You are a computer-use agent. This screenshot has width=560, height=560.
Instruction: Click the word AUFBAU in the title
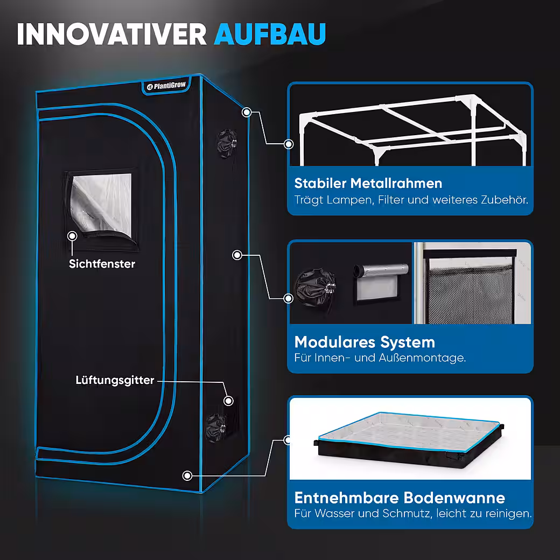click(270, 34)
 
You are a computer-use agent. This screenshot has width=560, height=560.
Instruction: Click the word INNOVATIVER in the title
click(112, 34)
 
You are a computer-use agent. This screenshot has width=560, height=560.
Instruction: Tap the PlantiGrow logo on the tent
click(166, 86)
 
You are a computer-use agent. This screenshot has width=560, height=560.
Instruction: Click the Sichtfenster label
click(102, 264)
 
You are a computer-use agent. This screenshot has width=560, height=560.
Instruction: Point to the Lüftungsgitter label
click(115, 380)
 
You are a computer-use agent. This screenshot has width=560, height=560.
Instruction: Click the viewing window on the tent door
click(101, 208)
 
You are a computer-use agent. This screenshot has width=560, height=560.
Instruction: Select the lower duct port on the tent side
click(216, 428)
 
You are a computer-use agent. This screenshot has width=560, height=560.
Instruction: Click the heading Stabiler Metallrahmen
click(368, 183)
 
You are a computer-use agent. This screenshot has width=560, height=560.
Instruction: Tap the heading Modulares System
click(365, 342)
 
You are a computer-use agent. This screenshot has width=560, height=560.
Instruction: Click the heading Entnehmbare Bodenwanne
click(400, 498)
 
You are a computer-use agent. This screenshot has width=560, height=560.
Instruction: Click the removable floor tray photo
click(410, 439)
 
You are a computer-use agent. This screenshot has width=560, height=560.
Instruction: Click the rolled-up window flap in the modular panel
click(381, 270)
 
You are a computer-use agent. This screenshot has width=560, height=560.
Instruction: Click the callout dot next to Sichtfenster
click(73, 236)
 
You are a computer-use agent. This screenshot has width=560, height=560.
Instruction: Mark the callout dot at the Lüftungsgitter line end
click(228, 401)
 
